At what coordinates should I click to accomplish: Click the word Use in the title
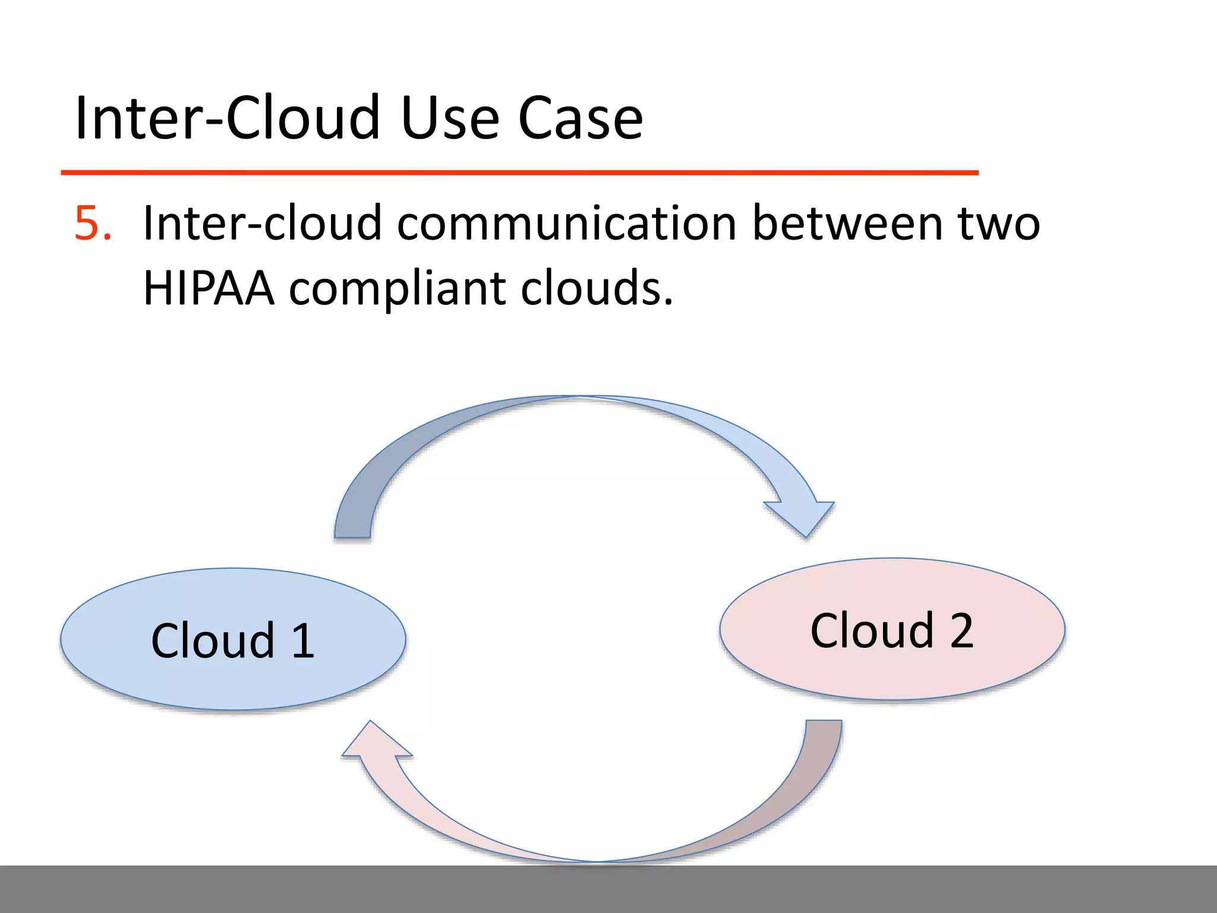tap(450, 119)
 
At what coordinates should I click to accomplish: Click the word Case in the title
tap(580, 119)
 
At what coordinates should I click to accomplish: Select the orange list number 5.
tap(92, 224)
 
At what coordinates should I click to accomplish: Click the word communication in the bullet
tap(567, 224)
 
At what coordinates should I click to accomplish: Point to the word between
tap(847, 224)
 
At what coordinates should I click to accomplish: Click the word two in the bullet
tap(998, 224)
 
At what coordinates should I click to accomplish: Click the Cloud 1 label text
tap(233, 641)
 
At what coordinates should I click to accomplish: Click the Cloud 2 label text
tap(891, 631)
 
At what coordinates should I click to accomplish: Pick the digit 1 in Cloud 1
tap(304, 641)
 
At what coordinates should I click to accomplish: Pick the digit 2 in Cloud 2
tap(961, 631)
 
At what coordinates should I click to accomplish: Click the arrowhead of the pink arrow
tap(374, 743)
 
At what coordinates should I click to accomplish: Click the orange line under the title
tap(519, 172)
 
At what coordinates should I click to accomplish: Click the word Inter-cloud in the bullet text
tap(262, 224)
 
